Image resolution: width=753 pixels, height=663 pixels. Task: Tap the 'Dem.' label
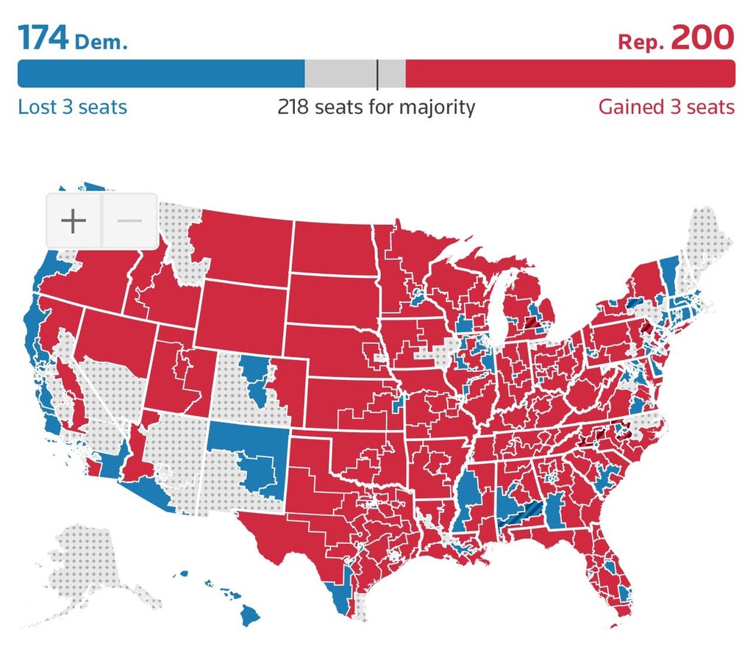click(x=101, y=41)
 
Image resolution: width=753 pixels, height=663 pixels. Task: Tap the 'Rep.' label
click(x=641, y=41)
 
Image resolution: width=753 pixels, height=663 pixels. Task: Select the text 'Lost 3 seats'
click(x=72, y=107)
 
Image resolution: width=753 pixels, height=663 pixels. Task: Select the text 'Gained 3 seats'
click(x=666, y=107)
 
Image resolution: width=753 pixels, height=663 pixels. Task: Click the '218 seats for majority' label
click(x=376, y=107)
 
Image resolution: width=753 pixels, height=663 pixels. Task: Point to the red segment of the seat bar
click(x=570, y=74)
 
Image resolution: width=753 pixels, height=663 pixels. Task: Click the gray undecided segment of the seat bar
click(x=338, y=74)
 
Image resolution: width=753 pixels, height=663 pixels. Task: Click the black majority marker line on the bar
click(x=377, y=74)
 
